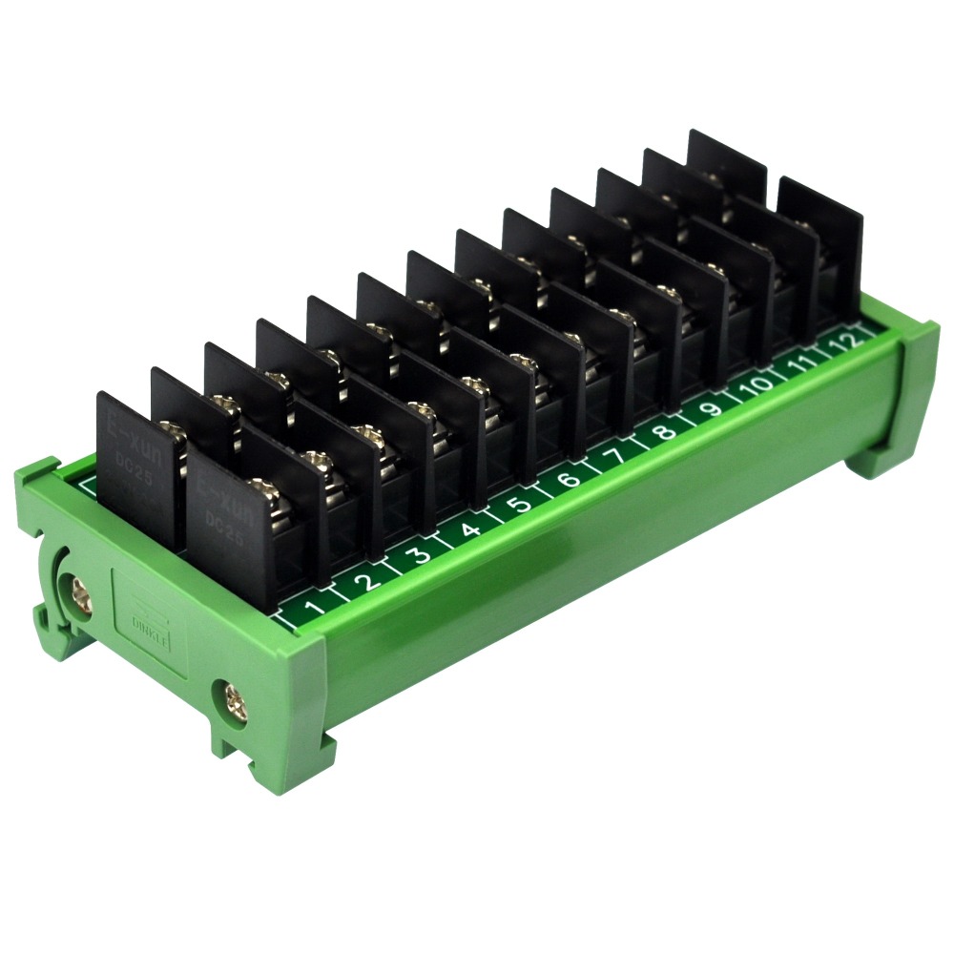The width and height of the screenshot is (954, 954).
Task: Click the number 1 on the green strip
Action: pos(312,609)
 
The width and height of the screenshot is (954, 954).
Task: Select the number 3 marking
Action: pos(417,554)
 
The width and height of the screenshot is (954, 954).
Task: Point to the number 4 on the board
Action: pos(468,529)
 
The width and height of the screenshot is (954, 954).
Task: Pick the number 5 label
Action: pos(518,504)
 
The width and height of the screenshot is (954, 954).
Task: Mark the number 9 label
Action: pos(711,409)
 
